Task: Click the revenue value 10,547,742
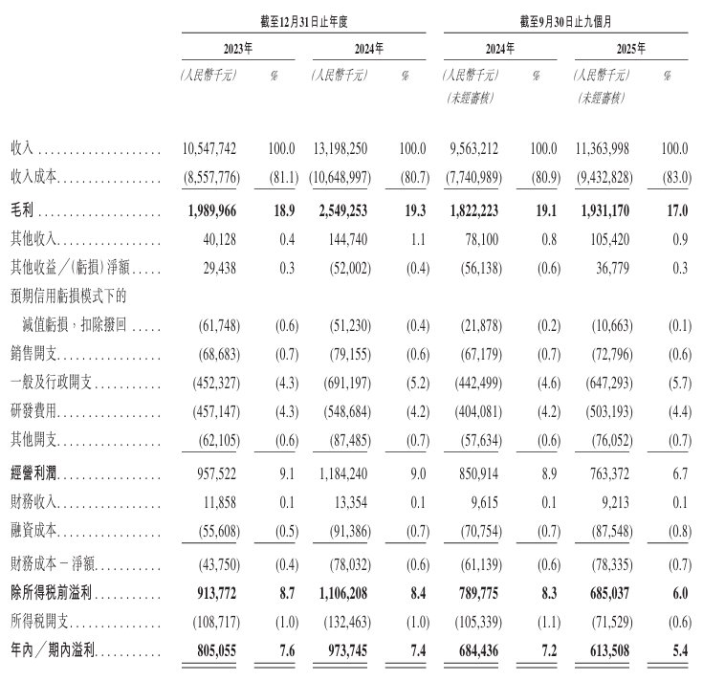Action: pyautogui.click(x=209, y=150)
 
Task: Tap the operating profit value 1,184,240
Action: pyautogui.click(x=340, y=474)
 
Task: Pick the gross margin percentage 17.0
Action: pyautogui.click(x=677, y=207)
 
